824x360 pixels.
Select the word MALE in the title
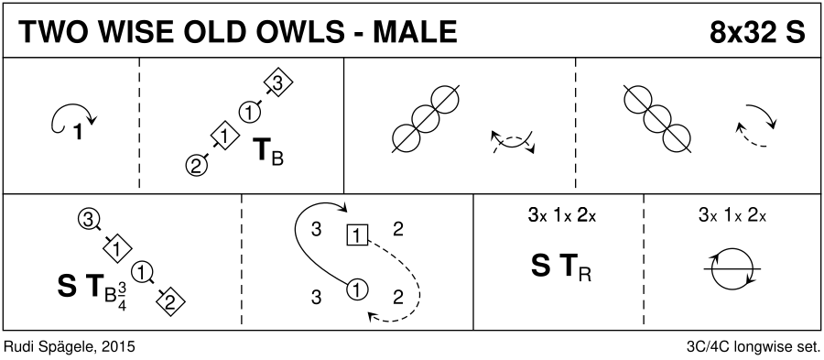point(415,32)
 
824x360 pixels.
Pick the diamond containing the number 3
point(278,82)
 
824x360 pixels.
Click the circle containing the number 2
point(196,166)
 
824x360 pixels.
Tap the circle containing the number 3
point(88,218)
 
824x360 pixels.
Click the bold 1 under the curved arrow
point(77,133)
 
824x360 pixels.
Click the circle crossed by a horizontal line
point(732,249)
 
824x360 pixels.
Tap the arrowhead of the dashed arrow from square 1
point(373,316)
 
